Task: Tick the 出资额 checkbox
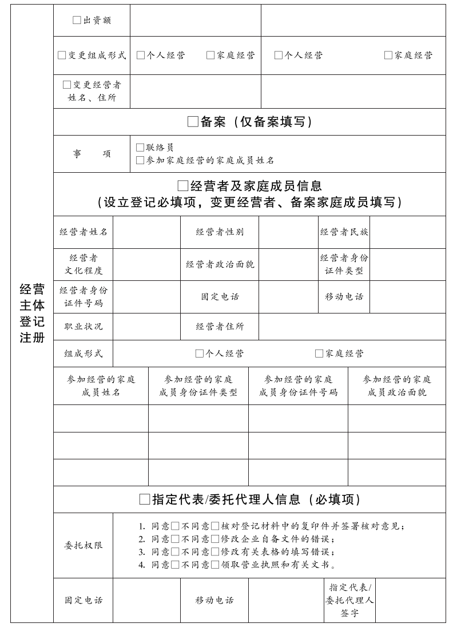[x=77, y=20]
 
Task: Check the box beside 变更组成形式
[x=62, y=55]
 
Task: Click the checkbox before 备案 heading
[x=193, y=121]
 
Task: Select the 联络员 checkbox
[x=140, y=148]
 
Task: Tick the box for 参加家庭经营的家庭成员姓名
[x=140, y=160]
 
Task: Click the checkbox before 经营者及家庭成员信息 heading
[x=183, y=185]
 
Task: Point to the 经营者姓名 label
[x=84, y=232]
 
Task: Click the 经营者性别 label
[x=220, y=232]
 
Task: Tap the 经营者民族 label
[x=344, y=232]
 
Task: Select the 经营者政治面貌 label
[x=220, y=264]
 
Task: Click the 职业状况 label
[x=84, y=326]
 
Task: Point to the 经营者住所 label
[x=220, y=326]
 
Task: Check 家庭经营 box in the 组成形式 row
[x=319, y=354]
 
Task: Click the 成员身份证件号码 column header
[x=298, y=386]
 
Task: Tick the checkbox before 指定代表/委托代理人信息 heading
[x=145, y=499]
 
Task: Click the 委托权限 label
[x=84, y=545]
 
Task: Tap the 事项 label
[x=92, y=154]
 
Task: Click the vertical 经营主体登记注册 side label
[x=32, y=313]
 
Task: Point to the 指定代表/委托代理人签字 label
[x=349, y=600]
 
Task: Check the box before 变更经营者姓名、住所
[x=67, y=85]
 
